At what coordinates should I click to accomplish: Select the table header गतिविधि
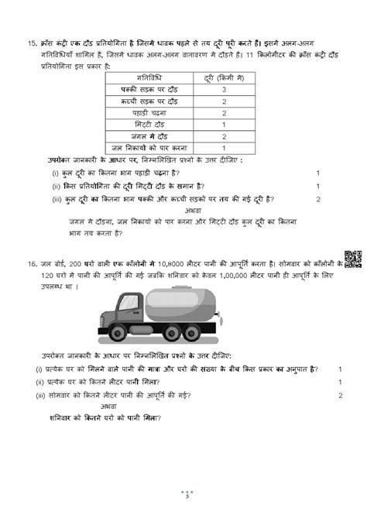(136, 79)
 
